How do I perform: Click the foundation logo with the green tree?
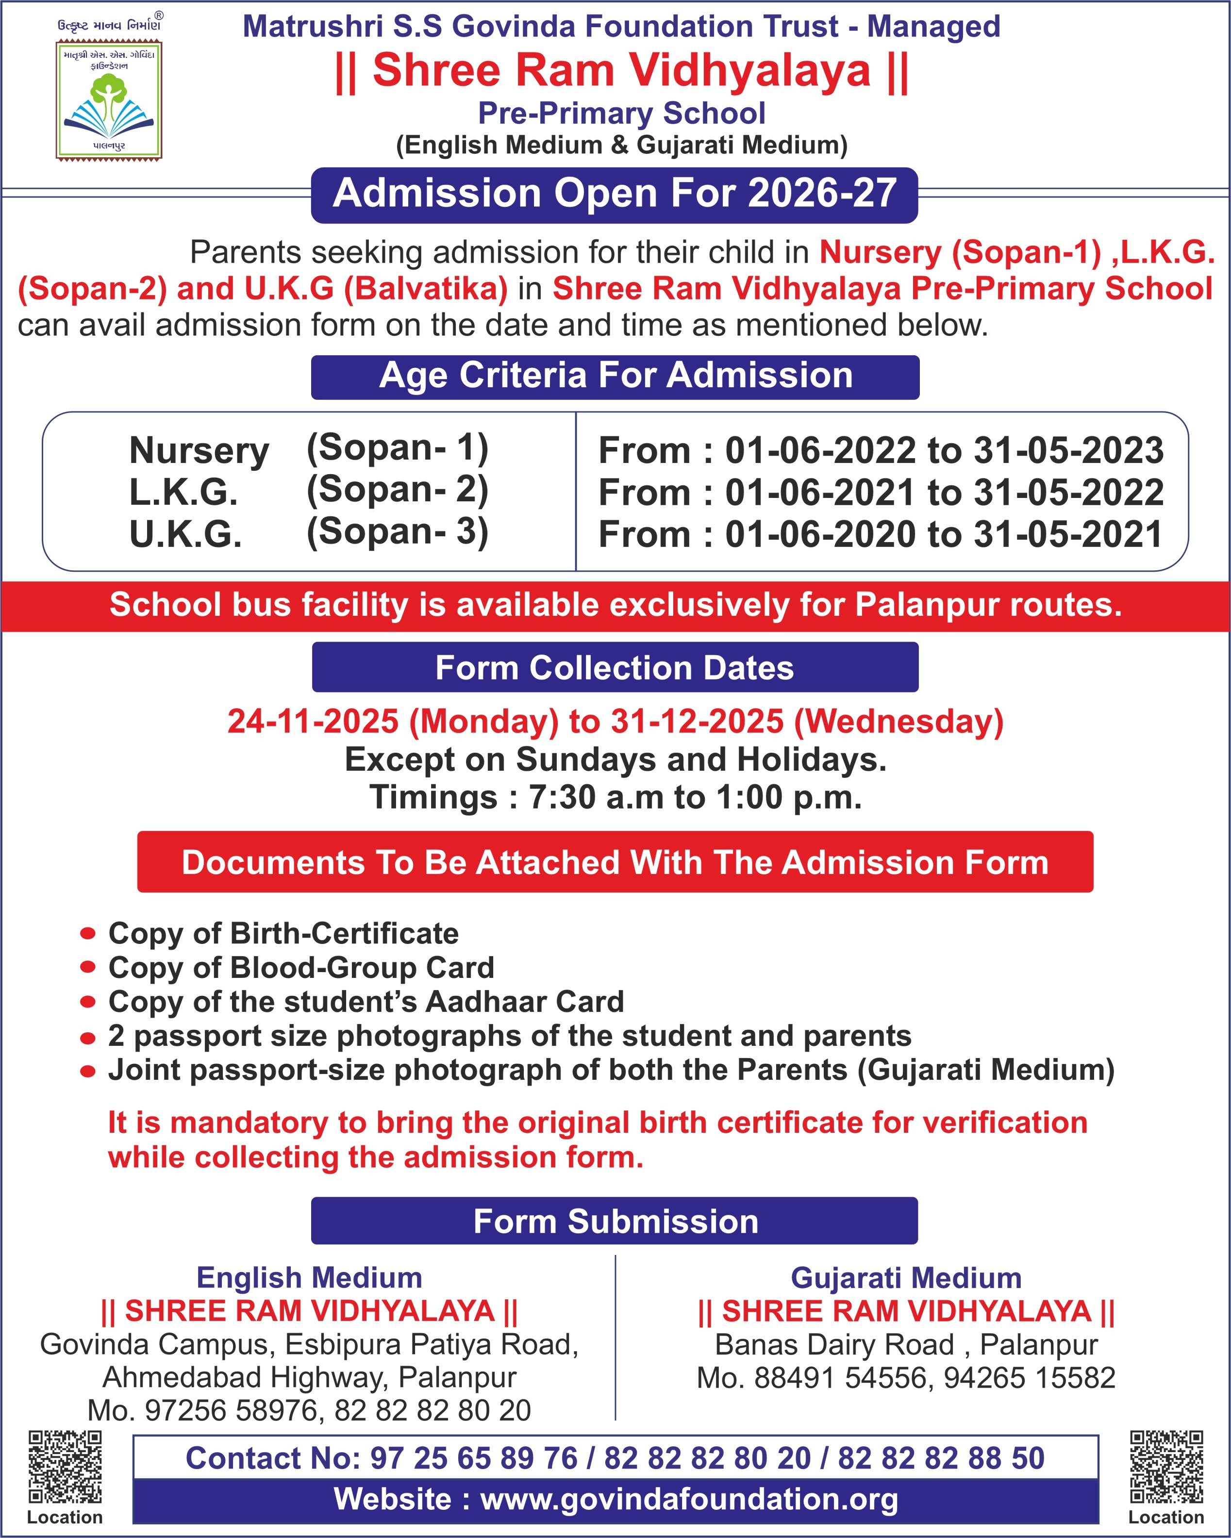[108, 100]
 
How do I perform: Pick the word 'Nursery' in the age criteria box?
[199, 451]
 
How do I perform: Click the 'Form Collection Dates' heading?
[615, 668]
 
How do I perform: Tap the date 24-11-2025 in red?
[313, 721]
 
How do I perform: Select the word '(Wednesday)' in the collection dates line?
[898, 721]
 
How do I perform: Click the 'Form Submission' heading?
[615, 1221]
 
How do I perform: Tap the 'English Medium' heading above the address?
[309, 1278]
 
